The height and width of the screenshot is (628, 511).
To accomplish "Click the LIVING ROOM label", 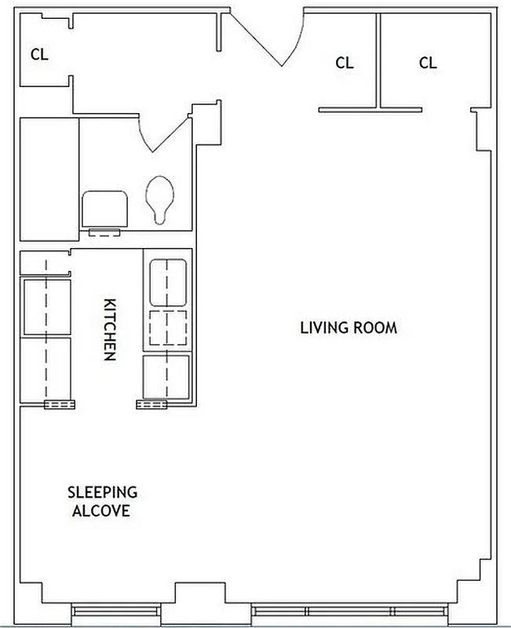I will click(x=349, y=327).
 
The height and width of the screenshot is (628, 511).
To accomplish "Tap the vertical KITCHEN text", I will click(x=110, y=329).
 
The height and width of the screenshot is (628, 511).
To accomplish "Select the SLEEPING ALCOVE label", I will click(x=102, y=502).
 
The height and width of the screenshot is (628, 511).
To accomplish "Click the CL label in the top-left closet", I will click(x=38, y=55).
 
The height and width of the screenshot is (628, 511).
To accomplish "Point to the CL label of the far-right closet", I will click(x=427, y=63).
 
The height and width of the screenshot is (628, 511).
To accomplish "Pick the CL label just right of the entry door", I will click(x=344, y=63).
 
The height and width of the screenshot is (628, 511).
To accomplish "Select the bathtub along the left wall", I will click(x=49, y=179).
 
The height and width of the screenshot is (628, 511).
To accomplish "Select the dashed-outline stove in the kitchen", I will click(x=166, y=327).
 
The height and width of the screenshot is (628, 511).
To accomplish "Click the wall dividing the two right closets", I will click(x=379, y=59).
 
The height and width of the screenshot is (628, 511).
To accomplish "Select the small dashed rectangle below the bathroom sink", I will click(x=104, y=232).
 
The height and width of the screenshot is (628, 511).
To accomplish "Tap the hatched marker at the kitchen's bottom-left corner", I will click(x=60, y=404).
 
